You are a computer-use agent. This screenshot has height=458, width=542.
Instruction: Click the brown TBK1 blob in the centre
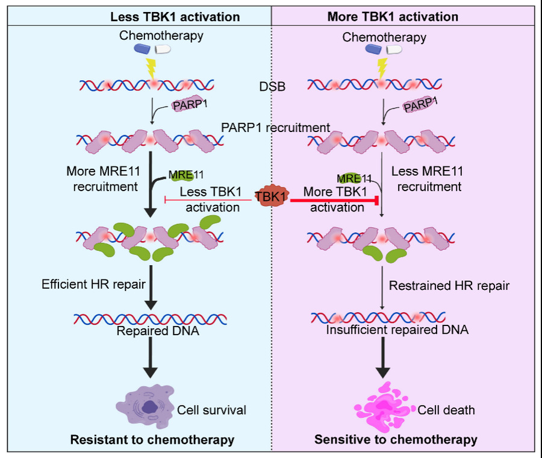click(272, 196)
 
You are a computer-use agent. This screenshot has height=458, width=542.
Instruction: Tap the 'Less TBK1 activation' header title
click(175, 17)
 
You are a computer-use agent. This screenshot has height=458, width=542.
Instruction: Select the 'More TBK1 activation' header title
click(393, 17)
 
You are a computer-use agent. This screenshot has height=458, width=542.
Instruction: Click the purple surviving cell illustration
click(145, 406)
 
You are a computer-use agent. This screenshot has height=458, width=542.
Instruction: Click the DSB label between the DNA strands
click(272, 87)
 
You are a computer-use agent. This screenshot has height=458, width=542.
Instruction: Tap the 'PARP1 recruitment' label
click(275, 128)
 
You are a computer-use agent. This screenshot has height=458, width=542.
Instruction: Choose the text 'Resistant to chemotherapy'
click(152, 440)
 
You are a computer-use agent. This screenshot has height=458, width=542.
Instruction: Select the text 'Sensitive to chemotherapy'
click(396, 439)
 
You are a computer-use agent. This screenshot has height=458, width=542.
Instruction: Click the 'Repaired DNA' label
click(158, 331)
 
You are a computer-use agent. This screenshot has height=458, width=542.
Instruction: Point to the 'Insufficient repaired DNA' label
click(397, 329)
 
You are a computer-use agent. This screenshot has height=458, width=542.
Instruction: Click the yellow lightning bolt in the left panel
click(151, 69)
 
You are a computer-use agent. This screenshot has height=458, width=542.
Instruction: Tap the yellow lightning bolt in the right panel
click(382, 69)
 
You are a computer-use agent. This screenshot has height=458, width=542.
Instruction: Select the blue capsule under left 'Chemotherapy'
click(142, 49)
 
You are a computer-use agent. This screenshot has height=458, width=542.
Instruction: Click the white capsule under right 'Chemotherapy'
click(394, 49)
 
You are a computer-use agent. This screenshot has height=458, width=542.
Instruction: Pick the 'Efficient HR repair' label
click(94, 284)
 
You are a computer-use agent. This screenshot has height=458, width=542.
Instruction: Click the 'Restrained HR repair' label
click(449, 286)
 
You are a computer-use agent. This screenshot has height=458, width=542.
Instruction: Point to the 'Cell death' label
click(446, 410)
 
